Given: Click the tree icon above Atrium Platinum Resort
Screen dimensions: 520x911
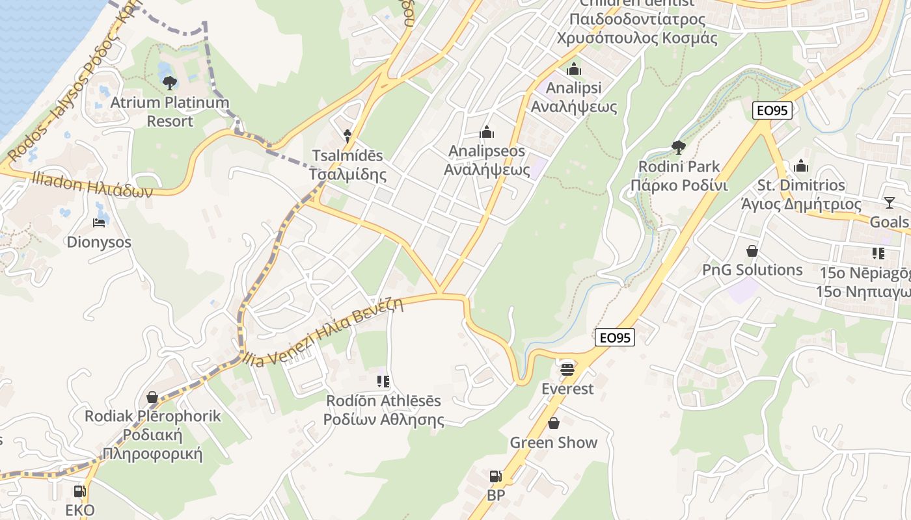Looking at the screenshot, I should pyautogui.click(x=170, y=83).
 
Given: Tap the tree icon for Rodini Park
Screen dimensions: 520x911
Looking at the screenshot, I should pyautogui.click(x=678, y=148).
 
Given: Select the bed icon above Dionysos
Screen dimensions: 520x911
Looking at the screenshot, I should pyautogui.click(x=99, y=223).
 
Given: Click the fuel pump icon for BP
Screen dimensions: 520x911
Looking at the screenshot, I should pyautogui.click(x=496, y=476).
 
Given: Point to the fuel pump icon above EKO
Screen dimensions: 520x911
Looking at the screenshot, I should pyautogui.click(x=80, y=491).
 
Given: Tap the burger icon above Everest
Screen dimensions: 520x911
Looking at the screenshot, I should pyautogui.click(x=567, y=370).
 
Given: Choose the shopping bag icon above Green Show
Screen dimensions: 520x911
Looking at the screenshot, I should pyautogui.click(x=554, y=423).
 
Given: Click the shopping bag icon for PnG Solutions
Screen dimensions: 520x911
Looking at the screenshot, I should pyautogui.click(x=752, y=251).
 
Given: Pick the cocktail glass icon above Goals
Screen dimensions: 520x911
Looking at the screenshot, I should pyautogui.click(x=890, y=203).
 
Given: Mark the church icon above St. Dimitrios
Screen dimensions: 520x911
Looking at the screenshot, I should pyautogui.click(x=801, y=166).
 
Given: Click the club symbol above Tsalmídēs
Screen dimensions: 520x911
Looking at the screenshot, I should pyautogui.click(x=347, y=136).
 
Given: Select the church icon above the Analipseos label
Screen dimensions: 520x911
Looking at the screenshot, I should pyautogui.click(x=487, y=133).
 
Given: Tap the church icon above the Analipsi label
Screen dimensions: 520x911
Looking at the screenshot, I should pyautogui.click(x=574, y=69).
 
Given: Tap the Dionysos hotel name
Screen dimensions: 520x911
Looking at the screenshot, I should pyautogui.click(x=99, y=242).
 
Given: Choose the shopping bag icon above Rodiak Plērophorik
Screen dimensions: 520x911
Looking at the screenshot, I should pyautogui.click(x=152, y=396).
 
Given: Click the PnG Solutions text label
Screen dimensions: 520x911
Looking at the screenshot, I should pyautogui.click(x=752, y=270).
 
